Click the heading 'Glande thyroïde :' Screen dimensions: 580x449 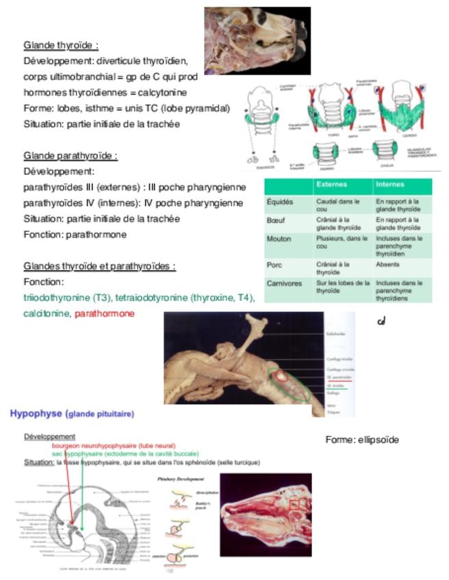pos(61,45)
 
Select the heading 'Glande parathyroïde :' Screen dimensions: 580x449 pos(70,155)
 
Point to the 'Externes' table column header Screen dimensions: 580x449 pos(331,185)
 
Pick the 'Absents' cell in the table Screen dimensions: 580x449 pos(388,263)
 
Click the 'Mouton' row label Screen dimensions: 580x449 pos(279,239)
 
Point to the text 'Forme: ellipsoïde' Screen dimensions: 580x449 pos(361,440)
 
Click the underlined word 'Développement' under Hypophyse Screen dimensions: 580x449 pos(49,436)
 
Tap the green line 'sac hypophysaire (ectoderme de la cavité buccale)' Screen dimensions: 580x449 pos(125,453)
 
